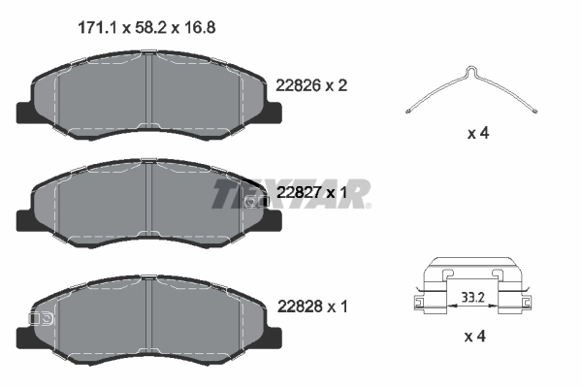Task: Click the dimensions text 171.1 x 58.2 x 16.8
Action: click(145, 28)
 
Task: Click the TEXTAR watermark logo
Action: click(291, 194)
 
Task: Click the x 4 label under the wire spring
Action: click(476, 133)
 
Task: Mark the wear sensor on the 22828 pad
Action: click(42, 317)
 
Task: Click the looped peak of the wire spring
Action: click(470, 70)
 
